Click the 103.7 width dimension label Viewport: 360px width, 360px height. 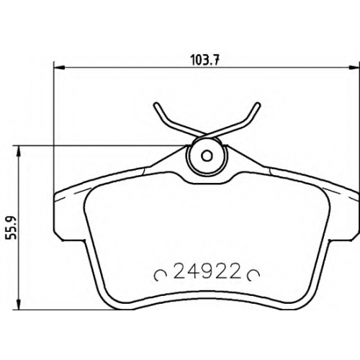pos(205,60)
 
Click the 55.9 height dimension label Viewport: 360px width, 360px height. pos(11,228)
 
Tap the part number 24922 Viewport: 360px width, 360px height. pos(207,271)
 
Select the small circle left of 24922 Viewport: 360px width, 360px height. pos(161,275)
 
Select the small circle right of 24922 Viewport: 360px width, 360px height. pos(254,275)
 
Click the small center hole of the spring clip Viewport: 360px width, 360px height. pos(207,156)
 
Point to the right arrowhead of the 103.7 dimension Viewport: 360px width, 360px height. pos(354,68)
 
